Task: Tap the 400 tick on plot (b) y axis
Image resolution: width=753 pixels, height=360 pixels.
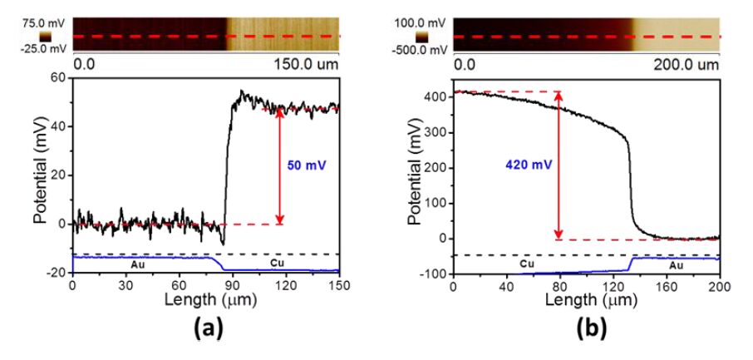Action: pos(432,96)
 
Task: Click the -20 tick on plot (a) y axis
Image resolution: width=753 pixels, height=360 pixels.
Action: pos(55,272)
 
